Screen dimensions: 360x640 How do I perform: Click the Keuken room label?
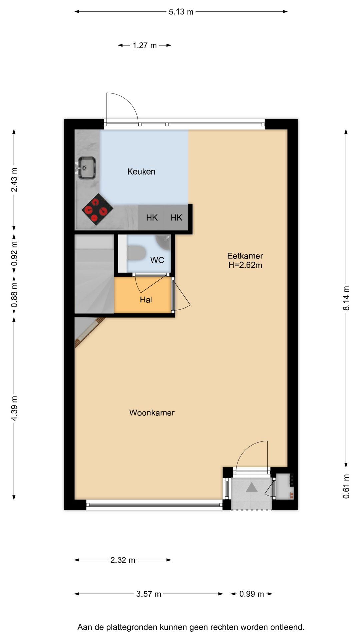[141, 172]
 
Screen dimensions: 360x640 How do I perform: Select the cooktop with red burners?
[97, 209]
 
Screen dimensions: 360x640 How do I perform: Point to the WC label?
[157, 260]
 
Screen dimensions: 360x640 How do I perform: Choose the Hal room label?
[146, 300]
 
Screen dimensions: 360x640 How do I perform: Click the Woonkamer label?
[152, 413]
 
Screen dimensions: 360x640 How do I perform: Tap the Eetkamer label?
[245, 256]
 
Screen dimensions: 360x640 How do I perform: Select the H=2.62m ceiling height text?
[245, 265]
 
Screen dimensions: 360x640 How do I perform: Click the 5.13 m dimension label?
[181, 12]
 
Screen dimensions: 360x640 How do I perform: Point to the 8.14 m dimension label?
[346, 298]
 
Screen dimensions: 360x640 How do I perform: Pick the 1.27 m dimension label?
[145, 46]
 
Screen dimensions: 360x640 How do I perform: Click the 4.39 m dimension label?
[14, 408]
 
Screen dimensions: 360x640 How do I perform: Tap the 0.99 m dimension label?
[252, 594]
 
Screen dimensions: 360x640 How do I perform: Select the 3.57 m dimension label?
[149, 594]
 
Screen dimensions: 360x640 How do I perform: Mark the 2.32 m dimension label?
[123, 560]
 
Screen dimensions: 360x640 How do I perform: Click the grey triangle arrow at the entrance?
[252, 488]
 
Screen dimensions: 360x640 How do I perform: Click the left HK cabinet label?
[152, 218]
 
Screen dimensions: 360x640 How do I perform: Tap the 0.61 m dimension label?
[346, 486]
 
